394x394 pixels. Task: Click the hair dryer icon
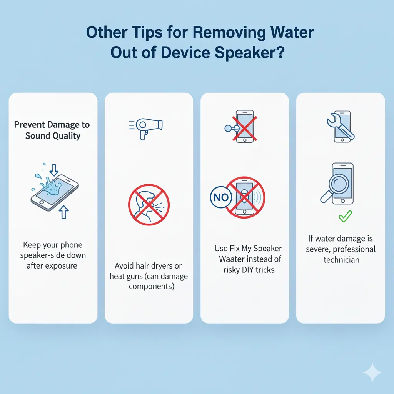point(146,128)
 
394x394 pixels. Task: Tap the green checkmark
point(345,216)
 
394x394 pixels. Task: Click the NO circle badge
point(221,197)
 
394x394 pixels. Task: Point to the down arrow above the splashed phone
point(54,170)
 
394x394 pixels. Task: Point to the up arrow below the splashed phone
point(64,212)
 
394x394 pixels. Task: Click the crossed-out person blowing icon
point(149,205)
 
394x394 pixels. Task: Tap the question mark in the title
point(280,52)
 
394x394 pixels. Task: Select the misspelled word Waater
point(232,259)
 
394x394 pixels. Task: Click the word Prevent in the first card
point(29,125)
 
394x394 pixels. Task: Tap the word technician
point(341,260)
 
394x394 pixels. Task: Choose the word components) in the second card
point(152,287)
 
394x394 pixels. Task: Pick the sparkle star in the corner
point(372,372)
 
